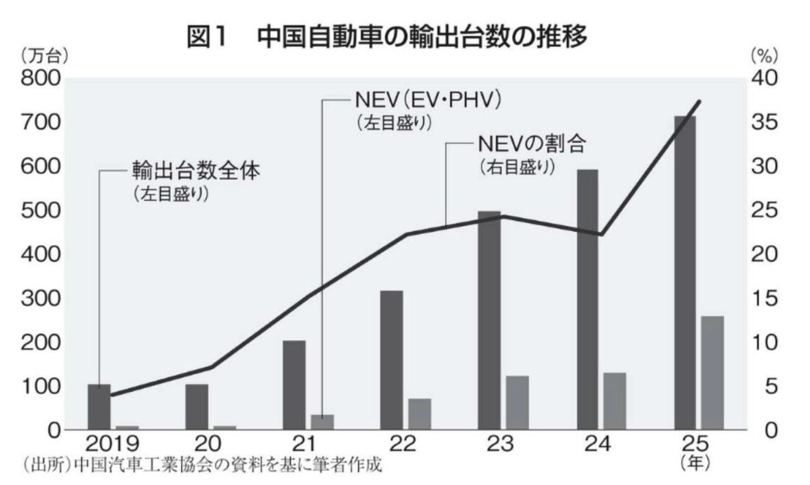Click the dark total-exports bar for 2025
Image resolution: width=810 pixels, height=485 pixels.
pos(685,273)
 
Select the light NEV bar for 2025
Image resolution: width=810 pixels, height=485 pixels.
pos(712,372)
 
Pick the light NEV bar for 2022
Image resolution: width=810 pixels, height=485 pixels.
pos(420,414)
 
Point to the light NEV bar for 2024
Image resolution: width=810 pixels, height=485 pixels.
pos(614,401)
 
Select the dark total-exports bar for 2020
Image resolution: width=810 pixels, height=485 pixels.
pos(197,407)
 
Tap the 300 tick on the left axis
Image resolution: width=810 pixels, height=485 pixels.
pos(40,298)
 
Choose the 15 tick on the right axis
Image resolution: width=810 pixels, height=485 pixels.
pos(766,298)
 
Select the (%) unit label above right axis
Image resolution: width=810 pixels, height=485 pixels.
pos(766,56)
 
